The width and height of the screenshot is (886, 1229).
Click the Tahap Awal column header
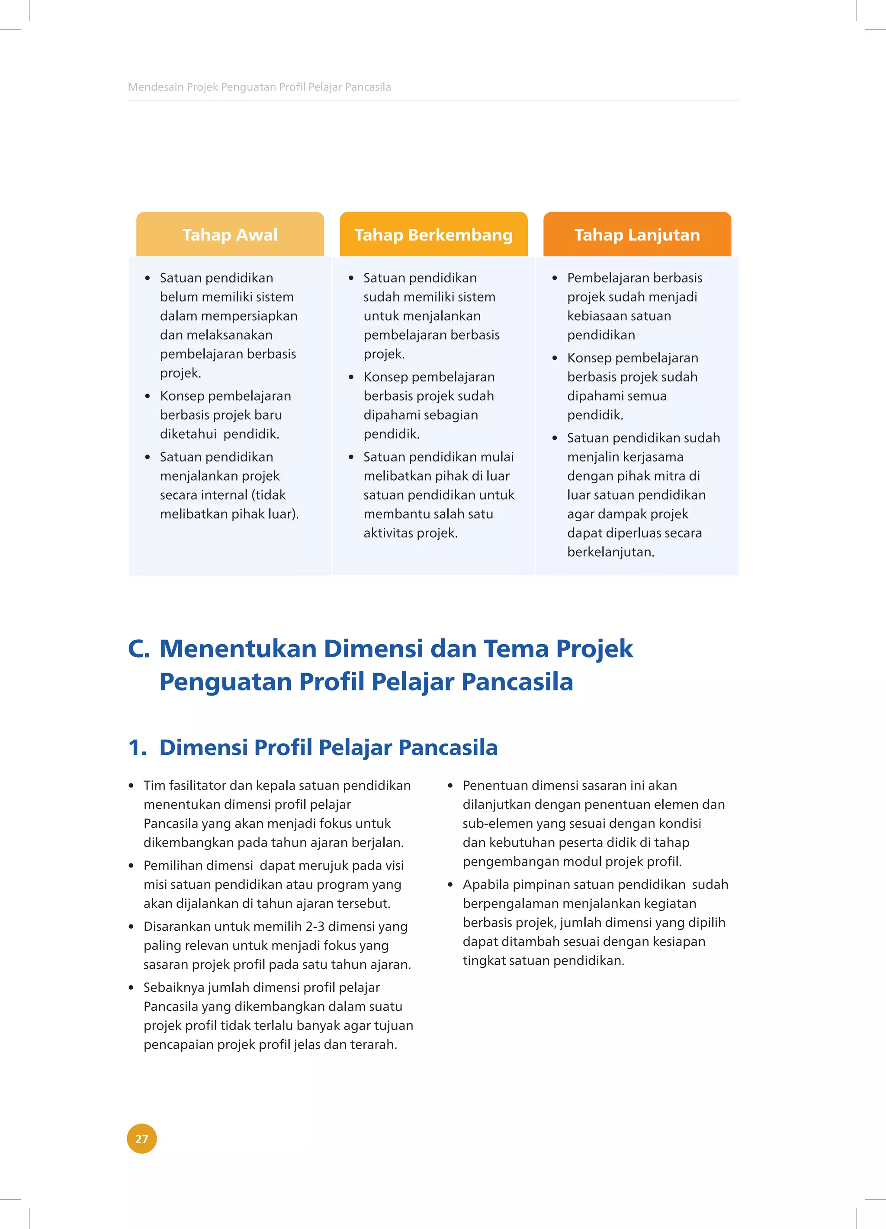(230, 234)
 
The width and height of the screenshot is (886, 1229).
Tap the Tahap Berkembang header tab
(433, 234)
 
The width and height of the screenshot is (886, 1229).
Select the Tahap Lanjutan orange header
(637, 234)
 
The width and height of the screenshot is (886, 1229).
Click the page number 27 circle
(142, 1139)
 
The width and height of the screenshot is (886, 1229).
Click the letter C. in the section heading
(139, 648)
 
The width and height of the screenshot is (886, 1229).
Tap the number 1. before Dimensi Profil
(137, 747)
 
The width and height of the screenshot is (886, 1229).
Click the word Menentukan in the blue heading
(238, 648)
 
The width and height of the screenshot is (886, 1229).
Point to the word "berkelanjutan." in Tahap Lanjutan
(611, 552)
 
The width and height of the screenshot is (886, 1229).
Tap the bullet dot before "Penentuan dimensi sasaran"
(450, 786)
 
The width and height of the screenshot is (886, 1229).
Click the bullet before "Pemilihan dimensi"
(131, 866)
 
